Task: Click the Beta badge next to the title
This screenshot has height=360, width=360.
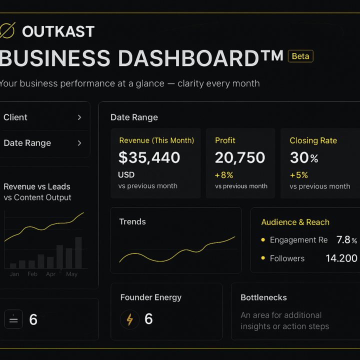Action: tap(300, 56)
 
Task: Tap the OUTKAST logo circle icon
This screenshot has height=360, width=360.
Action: tap(7, 30)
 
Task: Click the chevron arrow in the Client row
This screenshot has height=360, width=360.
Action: tap(79, 117)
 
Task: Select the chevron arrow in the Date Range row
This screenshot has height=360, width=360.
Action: tap(79, 143)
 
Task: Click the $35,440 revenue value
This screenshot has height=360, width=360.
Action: tap(149, 157)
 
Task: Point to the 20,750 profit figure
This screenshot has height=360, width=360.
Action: tap(240, 157)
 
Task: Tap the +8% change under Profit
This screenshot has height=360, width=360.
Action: tap(224, 175)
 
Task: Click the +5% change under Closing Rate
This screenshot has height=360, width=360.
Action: tap(298, 175)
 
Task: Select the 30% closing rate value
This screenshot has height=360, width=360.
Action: tap(303, 158)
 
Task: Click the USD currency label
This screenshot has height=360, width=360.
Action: tap(126, 175)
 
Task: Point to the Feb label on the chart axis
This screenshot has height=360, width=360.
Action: tap(32, 274)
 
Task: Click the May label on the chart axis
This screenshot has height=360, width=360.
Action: tap(71, 274)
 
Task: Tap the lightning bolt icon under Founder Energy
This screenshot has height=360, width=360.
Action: tap(129, 319)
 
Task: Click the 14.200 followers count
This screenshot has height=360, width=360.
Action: tap(341, 258)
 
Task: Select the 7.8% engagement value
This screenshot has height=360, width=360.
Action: tap(346, 240)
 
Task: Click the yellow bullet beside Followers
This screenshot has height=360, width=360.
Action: tap(263, 258)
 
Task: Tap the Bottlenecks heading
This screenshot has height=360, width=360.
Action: tap(263, 297)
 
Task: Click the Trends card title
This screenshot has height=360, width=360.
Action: tap(132, 221)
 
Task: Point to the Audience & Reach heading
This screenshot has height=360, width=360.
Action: tap(295, 222)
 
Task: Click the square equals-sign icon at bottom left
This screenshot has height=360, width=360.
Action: tap(13, 319)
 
